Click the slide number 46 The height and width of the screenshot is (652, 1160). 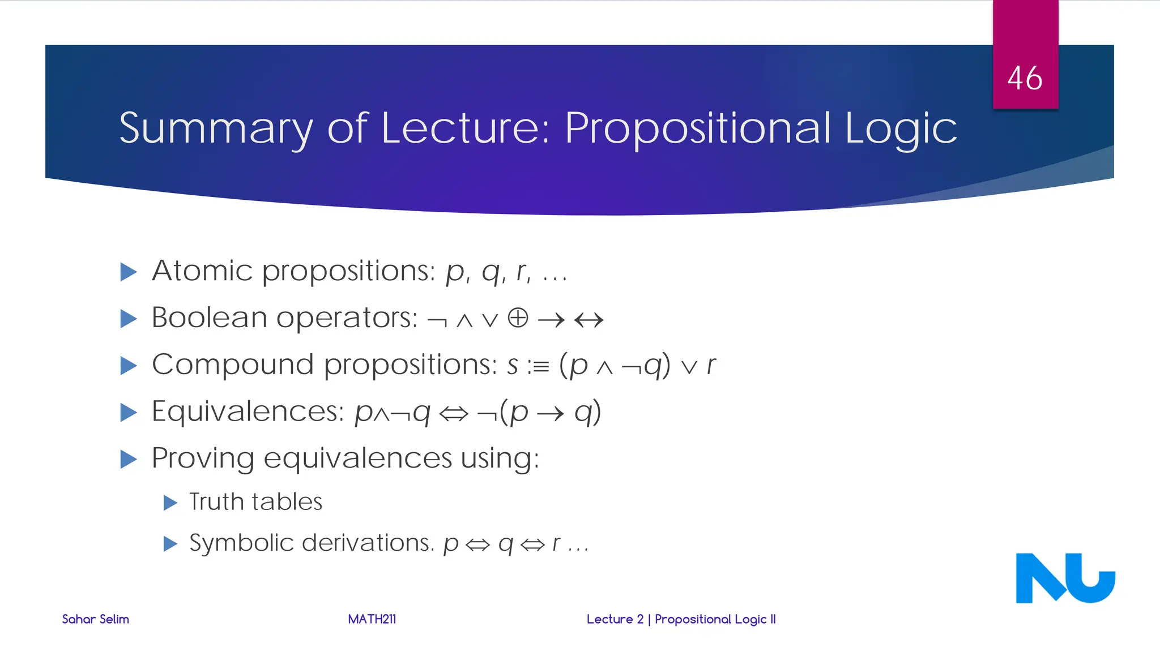coord(1025,78)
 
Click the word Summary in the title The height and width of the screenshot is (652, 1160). coord(215,128)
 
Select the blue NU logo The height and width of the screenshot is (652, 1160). coord(1065,578)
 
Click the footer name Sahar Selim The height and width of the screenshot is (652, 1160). coord(95,619)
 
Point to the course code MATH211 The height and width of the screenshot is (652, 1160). coord(372,619)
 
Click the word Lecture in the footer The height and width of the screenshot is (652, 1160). coord(609,619)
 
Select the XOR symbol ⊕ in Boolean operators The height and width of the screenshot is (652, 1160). coord(518,318)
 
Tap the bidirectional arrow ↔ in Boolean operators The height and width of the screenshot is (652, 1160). coord(588,320)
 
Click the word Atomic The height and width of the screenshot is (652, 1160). coord(202,271)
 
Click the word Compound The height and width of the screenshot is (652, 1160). coord(232,364)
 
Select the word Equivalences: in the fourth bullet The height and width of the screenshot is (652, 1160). coord(248,411)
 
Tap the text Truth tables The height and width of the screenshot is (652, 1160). coord(255,502)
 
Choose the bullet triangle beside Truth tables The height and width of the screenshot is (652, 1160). coord(170,503)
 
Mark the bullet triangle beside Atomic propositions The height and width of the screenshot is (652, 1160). coord(129,272)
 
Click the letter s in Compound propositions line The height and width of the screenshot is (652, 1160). coord(513,366)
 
